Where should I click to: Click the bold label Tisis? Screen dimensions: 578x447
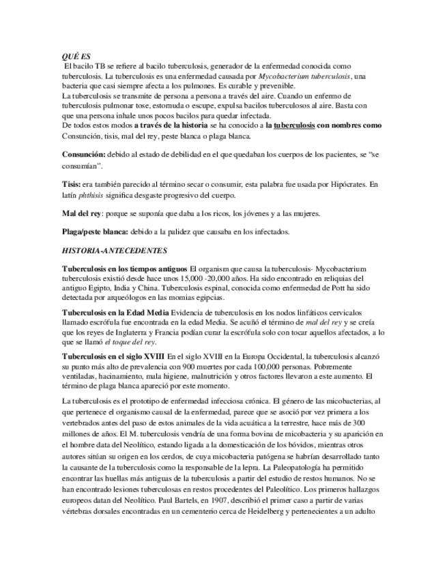[x=70, y=184]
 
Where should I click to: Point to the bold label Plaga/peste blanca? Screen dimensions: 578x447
[x=94, y=232]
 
